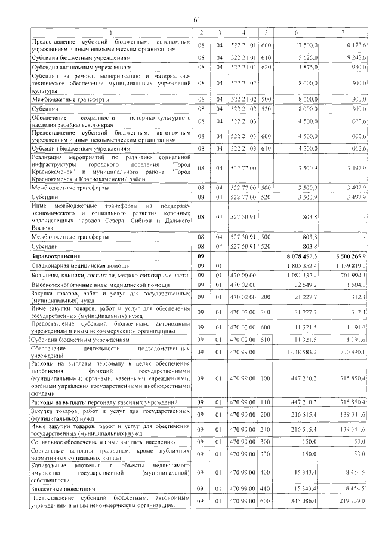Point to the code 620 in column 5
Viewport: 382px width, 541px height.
pos(266,68)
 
